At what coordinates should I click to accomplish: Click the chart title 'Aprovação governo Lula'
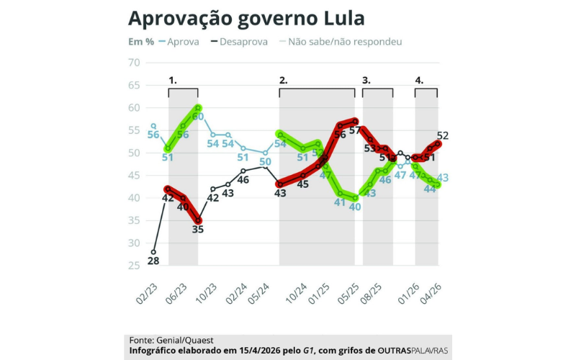click(x=246, y=17)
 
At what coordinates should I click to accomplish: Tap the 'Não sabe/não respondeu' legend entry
click(x=344, y=42)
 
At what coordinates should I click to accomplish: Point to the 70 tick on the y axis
click(x=133, y=63)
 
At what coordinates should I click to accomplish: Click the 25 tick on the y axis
click(x=133, y=266)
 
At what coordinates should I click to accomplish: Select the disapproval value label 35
click(x=197, y=230)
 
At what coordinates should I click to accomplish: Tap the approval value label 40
click(x=355, y=206)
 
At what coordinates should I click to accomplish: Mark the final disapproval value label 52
click(x=442, y=135)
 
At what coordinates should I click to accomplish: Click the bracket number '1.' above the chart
click(x=173, y=80)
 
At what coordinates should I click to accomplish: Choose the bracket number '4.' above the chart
click(x=419, y=80)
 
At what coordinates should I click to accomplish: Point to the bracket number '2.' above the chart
click(x=283, y=80)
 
